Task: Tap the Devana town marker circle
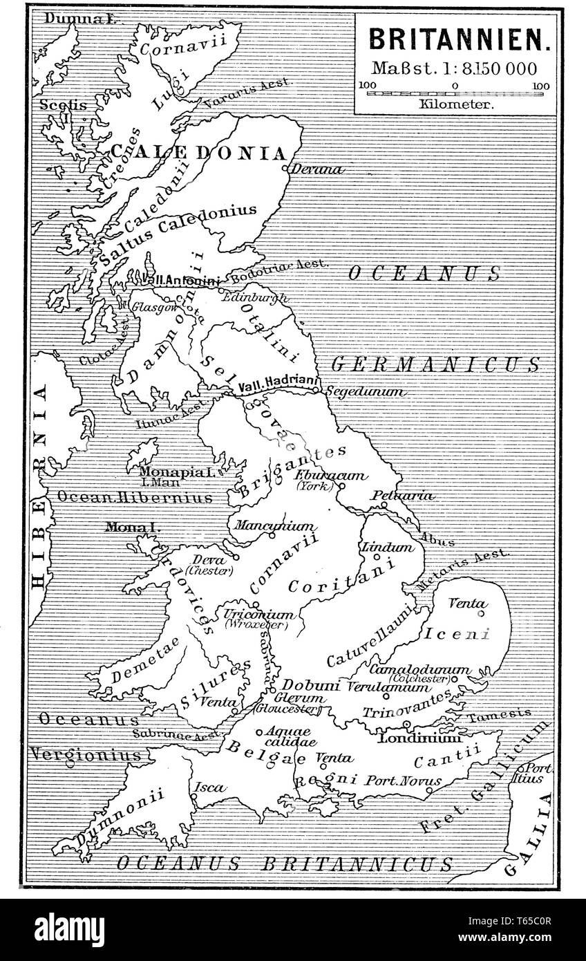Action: click(285, 167)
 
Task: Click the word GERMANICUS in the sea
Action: click(435, 364)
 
